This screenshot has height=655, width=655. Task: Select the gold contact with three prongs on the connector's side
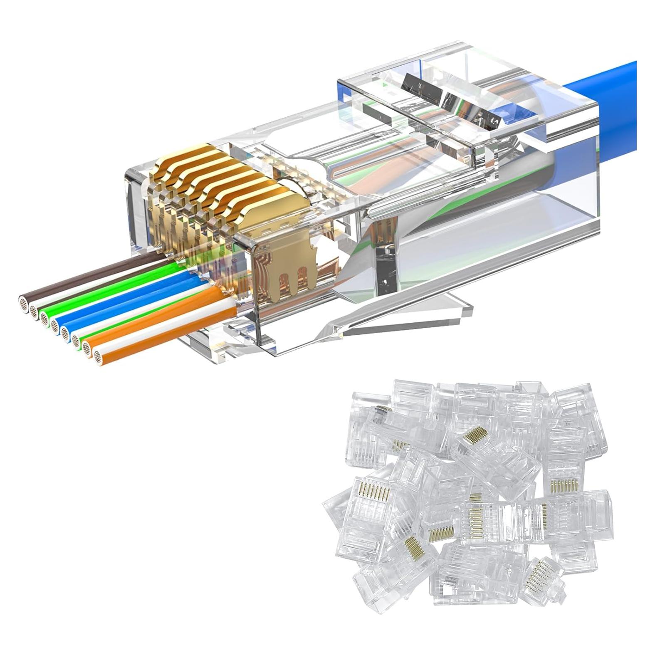[287, 266]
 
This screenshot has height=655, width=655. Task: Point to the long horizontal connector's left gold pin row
[474, 516]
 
